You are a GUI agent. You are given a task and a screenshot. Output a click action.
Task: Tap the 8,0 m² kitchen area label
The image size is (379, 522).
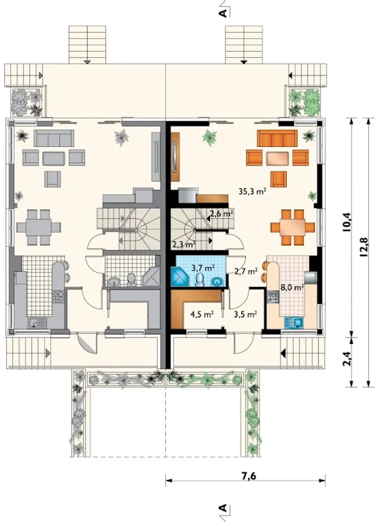click(x=292, y=287)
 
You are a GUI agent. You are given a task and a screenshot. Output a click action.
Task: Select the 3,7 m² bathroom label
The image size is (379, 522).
click(x=203, y=268)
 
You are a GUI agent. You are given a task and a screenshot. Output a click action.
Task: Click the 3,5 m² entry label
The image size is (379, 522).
click(x=245, y=314)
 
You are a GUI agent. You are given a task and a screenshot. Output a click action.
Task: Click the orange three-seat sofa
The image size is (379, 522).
click(x=277, y=138)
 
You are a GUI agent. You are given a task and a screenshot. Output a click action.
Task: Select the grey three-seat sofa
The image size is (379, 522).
click(x=54, y=138)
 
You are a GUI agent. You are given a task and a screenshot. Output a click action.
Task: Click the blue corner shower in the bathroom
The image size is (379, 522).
click(x=179, y=276)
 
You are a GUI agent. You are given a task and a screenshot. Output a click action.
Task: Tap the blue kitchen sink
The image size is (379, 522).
click(x=294, y=322)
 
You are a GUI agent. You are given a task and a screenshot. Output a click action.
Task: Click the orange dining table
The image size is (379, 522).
click(x=293, y=227)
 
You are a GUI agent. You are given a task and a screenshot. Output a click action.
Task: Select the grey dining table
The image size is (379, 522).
click(x=38, y=227)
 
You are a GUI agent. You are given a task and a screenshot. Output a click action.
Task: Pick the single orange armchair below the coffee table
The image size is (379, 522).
click(x=279, y=179)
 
